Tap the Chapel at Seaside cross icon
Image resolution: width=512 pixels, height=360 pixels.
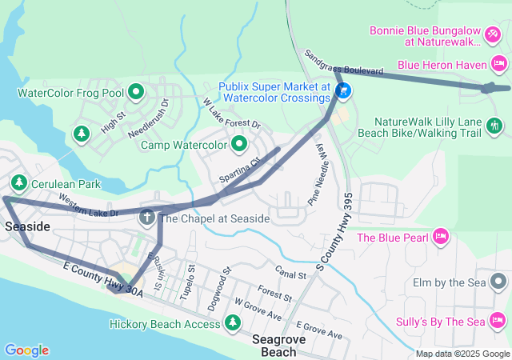pos(147,217)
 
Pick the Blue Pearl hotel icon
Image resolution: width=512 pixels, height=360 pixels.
pos(439,237)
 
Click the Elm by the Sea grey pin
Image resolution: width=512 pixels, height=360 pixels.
pos(498,282)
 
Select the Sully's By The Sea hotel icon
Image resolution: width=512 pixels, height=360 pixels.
pos(498,322)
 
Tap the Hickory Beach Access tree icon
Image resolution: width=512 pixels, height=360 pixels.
pos(232,323)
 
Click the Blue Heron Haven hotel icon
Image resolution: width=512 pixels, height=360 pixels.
pos(498,62)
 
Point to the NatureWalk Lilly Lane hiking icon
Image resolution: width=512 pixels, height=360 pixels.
pos(495,124)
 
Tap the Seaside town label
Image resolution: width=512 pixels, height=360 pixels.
pos(27,227)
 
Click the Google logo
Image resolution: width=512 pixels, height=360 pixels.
pos(26,350)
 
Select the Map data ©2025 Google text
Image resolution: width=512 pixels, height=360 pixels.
pos(462,354)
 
